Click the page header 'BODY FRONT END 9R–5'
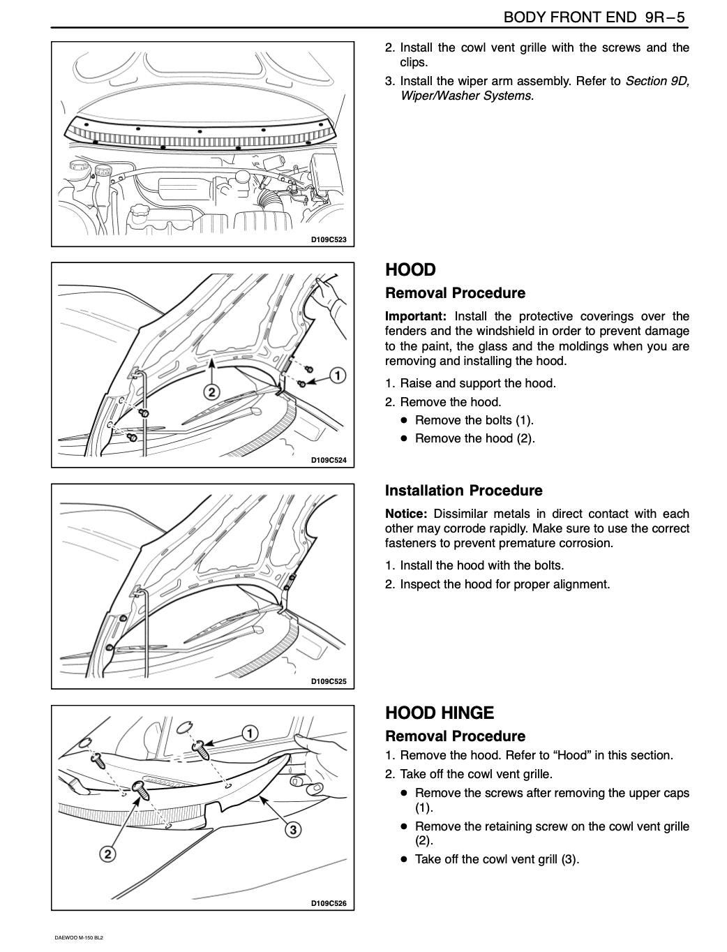point(595,17)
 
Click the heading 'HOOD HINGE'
point(440,713)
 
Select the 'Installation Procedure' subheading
point(463,490)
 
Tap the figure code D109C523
point(328,239)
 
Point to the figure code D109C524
point(328,460)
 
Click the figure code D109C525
point(328,681)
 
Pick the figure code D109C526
point(328,903)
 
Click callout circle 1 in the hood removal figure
point(337,375)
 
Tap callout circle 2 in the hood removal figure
point(213,392)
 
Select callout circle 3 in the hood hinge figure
point(294,829)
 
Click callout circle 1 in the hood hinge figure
point(249,733)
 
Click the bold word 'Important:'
point(416,316)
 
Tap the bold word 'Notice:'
point(405,514)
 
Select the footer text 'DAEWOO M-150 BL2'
point(79,937)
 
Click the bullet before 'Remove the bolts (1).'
point(403,420)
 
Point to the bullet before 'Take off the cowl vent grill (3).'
point(403,859)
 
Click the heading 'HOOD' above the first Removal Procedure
point(410,269)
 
